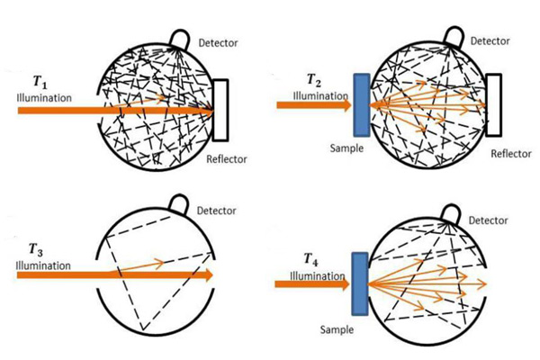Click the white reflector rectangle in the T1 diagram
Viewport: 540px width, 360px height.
(223, 110)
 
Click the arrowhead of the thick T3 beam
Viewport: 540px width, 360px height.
(208, 275)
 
